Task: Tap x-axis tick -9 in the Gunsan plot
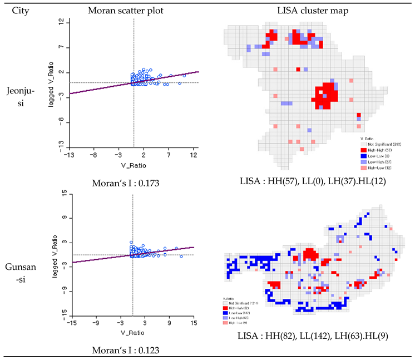pos(96,322)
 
